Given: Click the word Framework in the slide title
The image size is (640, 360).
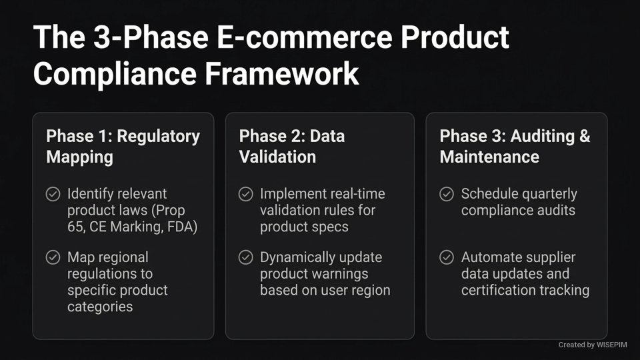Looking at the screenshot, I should [x=282, y=73].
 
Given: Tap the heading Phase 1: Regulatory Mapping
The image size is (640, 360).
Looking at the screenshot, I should [x=123, y=147].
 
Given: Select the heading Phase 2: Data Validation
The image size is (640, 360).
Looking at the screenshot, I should [x=292, y=147].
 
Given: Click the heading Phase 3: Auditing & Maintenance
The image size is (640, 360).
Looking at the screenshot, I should [x=515, y=147].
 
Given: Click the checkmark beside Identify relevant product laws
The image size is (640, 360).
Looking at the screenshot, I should [x=53, y=194].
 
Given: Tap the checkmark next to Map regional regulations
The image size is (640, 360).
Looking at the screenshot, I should [x=53, y=257].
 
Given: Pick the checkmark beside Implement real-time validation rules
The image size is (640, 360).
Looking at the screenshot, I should [x=246, y=194].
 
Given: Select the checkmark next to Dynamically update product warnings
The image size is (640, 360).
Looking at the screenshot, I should [x=246, y=257].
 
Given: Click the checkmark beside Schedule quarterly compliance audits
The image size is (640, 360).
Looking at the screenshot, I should [x=447, y=194].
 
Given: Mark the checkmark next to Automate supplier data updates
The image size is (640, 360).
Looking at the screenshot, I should [x=447, y=257].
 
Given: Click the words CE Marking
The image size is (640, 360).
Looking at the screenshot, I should [x=122, y=227].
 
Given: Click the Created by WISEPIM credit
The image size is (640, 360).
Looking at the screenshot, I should [x=593, y=345].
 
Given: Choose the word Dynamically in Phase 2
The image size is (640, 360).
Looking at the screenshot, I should [x=297, y=257].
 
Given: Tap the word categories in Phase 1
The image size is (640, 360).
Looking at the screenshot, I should [x=100, y=307].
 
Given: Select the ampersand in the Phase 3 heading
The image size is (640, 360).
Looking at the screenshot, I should [x=584, y=137].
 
